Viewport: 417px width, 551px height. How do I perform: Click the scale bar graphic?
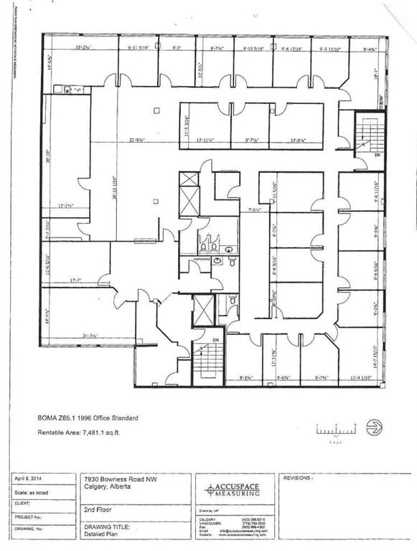(x=336, y=431)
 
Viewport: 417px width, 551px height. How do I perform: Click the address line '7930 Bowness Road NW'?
(x=113, y=479)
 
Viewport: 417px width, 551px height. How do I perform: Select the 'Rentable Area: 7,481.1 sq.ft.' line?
(x=87, y=433)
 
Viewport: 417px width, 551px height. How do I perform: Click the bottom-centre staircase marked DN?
(x=207, y=357)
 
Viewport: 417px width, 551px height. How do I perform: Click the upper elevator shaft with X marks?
(x=188, y=193)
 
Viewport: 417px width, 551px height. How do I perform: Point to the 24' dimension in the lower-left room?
(x=90, y=335)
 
